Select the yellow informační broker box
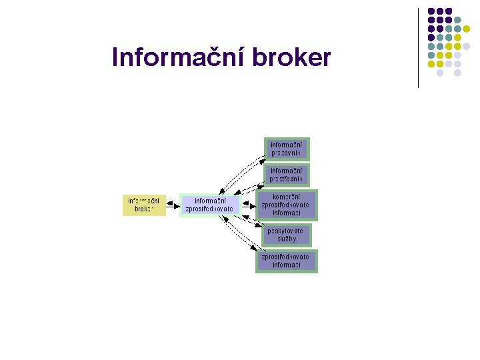pos(144,205)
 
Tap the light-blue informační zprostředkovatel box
pos(209,205)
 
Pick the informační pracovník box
pos(287,149)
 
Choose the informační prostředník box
pos(287,175)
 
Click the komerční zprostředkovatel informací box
pos(287,205)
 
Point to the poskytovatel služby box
pos(287,234)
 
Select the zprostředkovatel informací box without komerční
pos(287,261)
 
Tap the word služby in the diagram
pos(287,239)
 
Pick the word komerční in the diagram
pos(287,197)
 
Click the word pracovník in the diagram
pos(286,153)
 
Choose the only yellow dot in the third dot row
pos(467,29)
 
